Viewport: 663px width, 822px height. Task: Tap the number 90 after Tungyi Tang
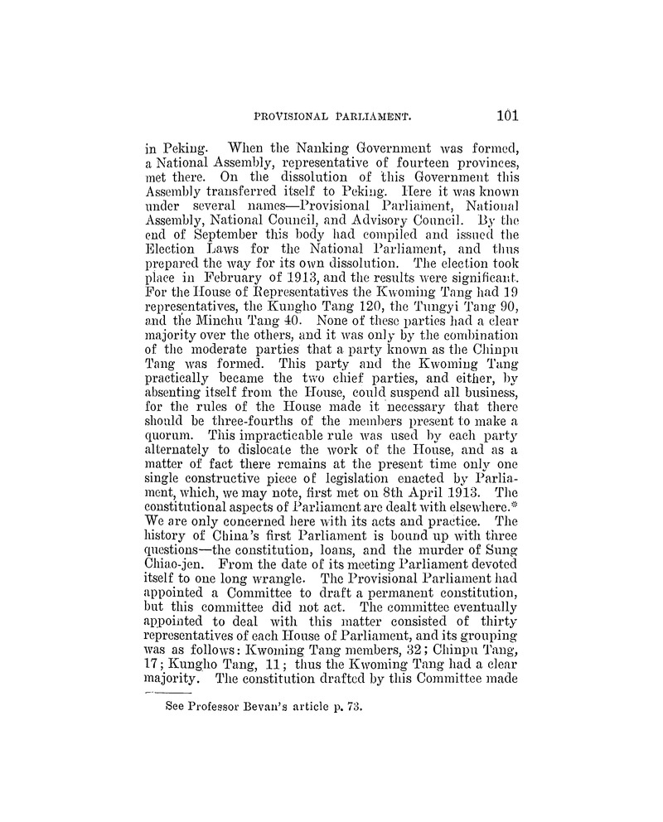pyautogui.click(x=508, y=324)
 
